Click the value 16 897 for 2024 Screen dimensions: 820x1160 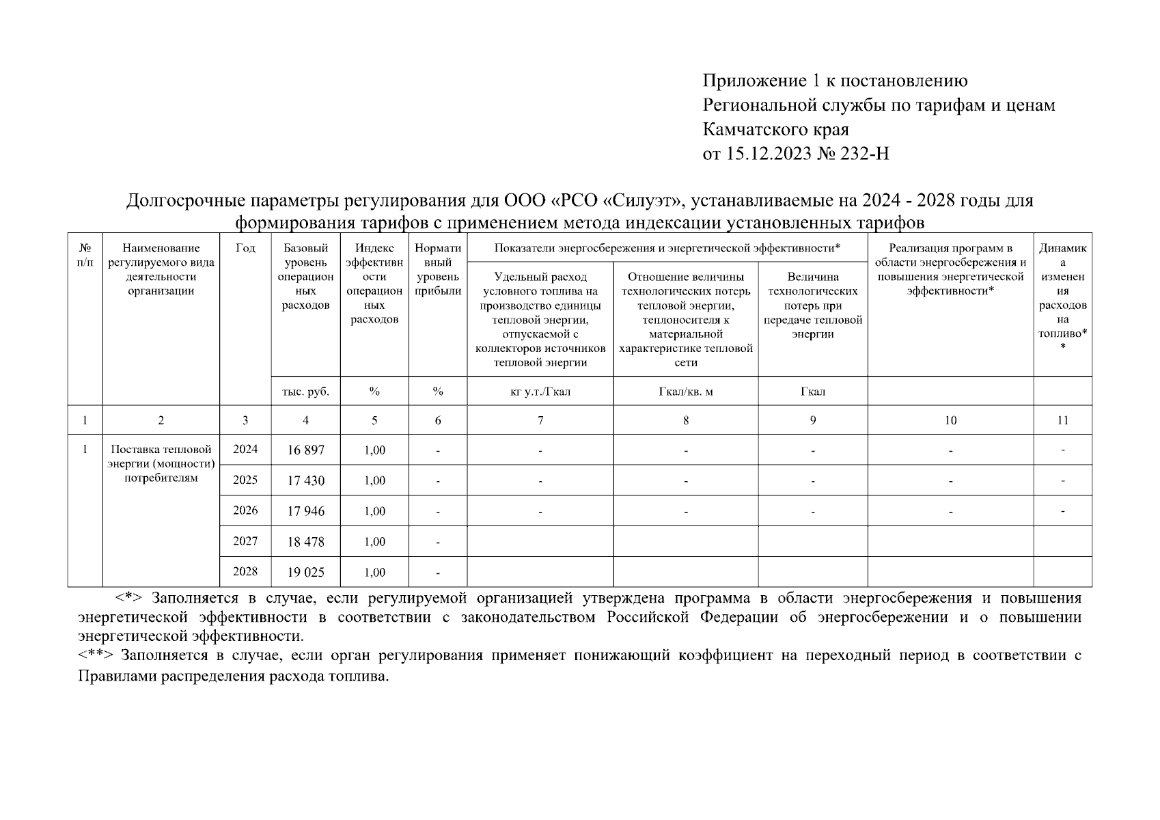point(305,450)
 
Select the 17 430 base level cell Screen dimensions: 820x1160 point(305,481)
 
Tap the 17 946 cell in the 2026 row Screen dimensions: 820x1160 point(305,511)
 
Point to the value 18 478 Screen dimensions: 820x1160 point(305,542)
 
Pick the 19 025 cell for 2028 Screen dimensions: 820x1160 point(305,573)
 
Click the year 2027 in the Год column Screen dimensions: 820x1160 point(245,541)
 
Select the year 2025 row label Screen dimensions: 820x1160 point(245,480)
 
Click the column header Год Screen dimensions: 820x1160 point(245,249)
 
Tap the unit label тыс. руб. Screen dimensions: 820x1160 point(305,392)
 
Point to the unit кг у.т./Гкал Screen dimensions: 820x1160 point(540,392)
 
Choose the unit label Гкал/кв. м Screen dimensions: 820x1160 point(685,392)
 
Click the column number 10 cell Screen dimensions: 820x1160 point(950,421)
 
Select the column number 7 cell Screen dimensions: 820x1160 point(540,421)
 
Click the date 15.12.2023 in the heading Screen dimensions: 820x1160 point(769,154)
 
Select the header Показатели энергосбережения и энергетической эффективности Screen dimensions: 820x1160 point(667,249)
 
